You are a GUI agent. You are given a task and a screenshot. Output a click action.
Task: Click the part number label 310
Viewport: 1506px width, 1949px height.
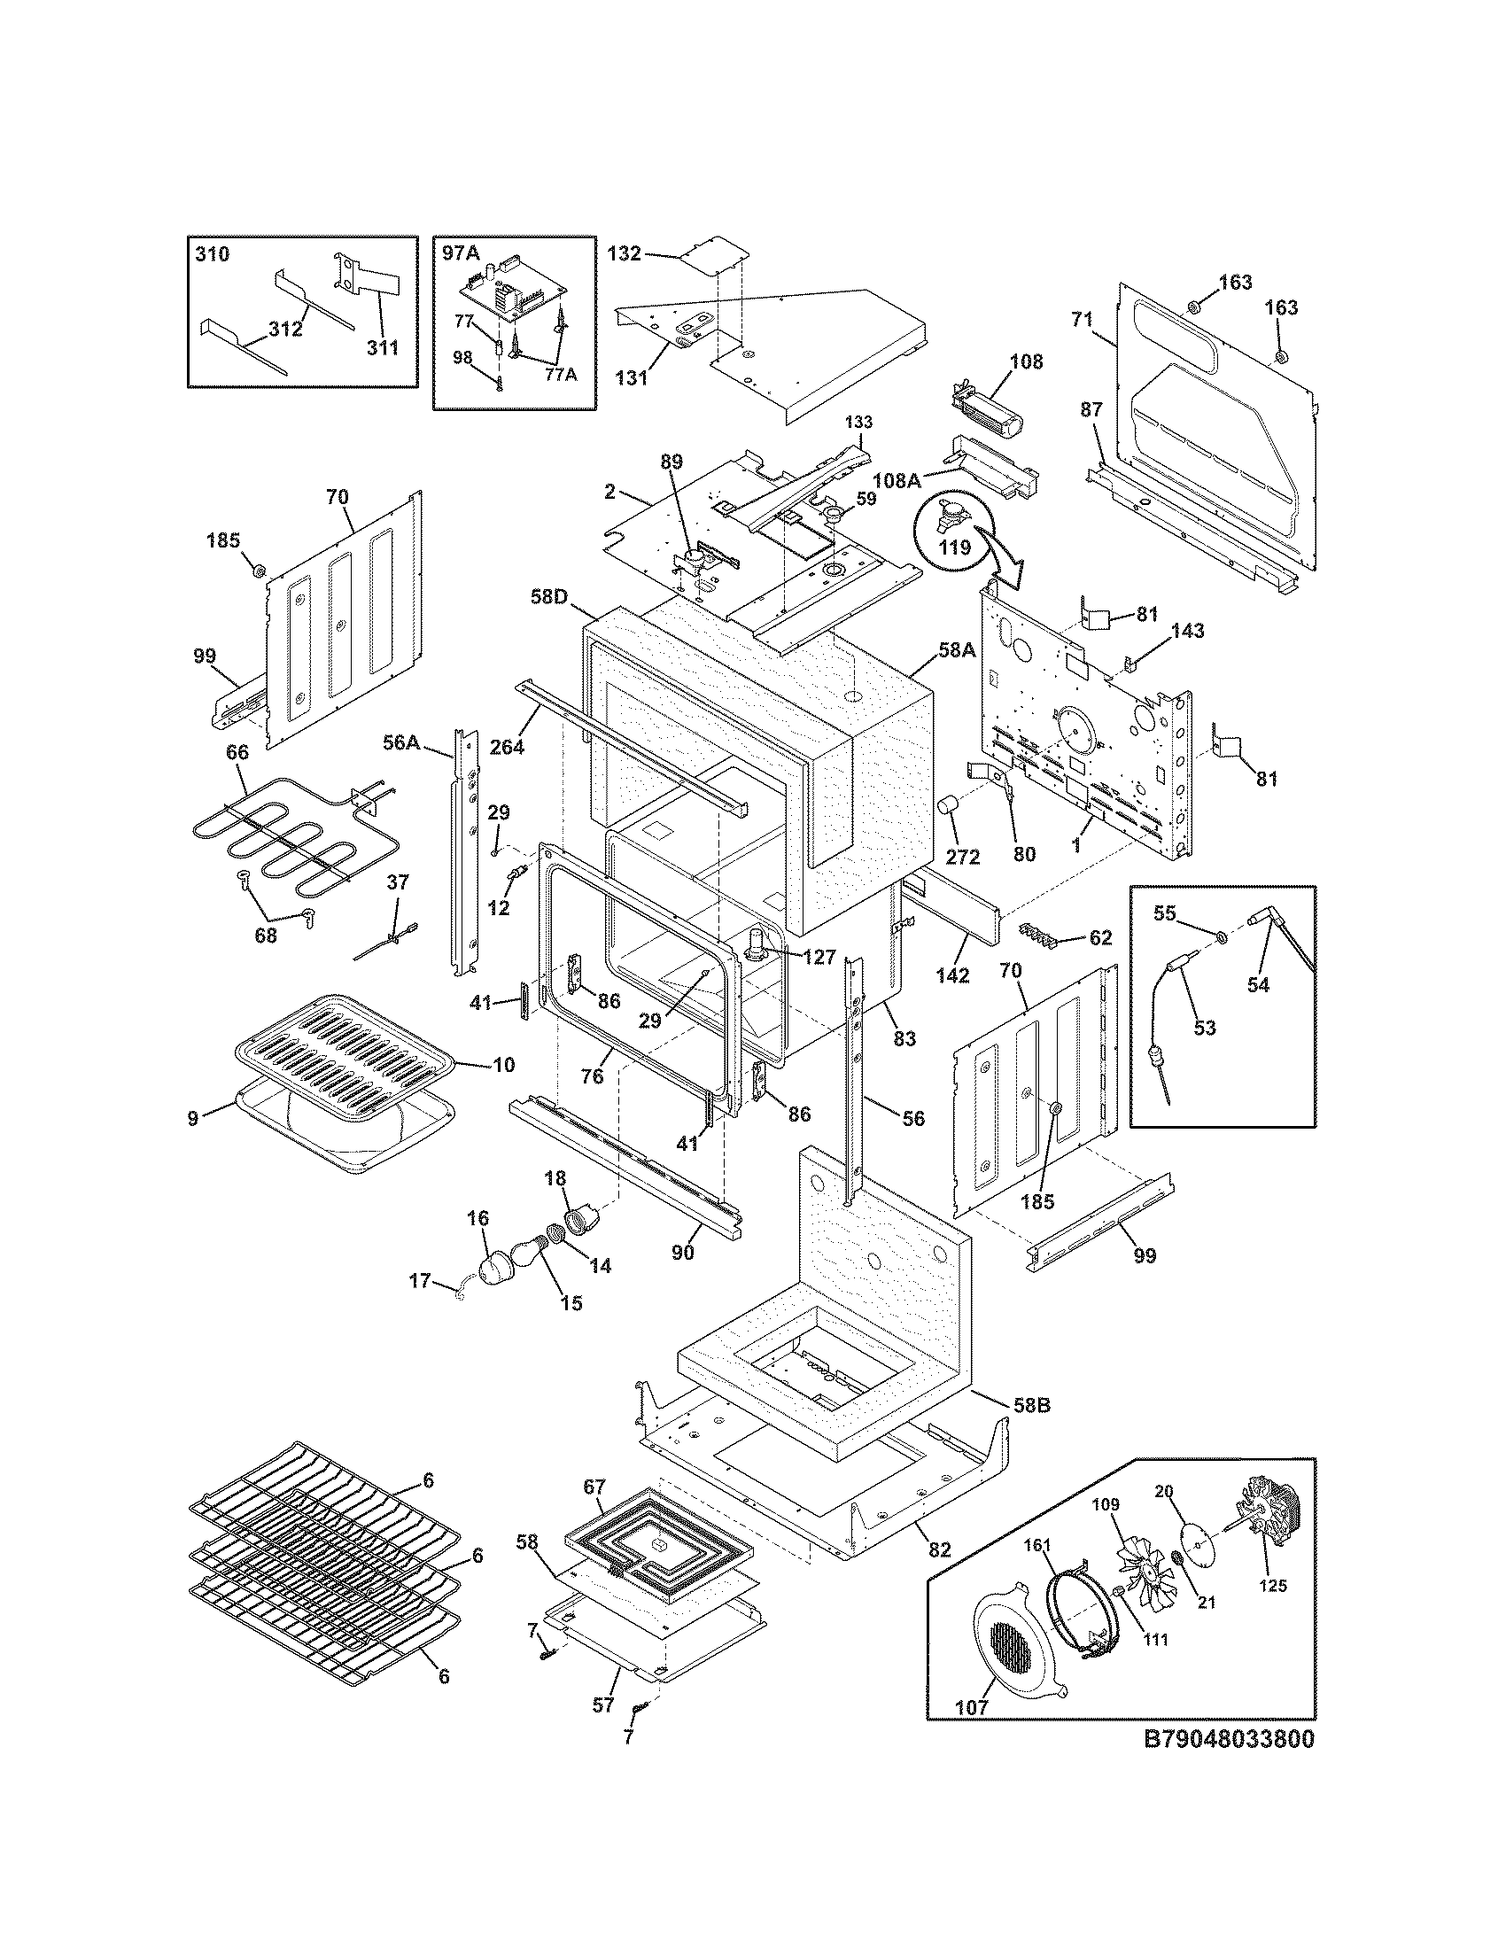coord(212,254)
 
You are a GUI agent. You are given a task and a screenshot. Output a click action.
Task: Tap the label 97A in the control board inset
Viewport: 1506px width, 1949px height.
coord(460,253)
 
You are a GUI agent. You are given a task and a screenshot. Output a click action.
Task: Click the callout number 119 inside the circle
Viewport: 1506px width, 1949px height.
coord(955,547)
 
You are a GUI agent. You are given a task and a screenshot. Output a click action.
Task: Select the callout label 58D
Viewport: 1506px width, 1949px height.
coord(548,596)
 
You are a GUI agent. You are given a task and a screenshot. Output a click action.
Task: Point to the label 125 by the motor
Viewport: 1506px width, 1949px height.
coord(1271,1586)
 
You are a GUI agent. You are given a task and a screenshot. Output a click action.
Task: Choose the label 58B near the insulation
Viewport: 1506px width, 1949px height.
coord(1032,1405)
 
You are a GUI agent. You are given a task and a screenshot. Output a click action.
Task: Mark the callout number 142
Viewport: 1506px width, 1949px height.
coord(953,975)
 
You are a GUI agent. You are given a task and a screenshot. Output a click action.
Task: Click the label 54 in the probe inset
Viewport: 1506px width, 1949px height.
coord(1258,984)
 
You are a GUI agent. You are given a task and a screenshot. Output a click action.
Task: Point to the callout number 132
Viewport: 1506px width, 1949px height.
coord(624,253)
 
